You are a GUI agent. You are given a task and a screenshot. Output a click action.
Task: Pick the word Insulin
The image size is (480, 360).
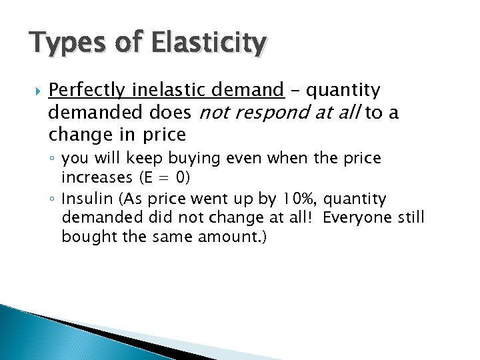click(x=82, y=199)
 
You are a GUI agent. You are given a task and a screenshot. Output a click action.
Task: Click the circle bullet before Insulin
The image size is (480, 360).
click(x=52, y=199)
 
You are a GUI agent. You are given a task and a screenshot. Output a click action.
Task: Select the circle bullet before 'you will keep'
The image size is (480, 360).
click(x=52, y=159)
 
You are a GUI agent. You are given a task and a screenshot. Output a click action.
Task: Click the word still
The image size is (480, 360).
click(x=409, y=217)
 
